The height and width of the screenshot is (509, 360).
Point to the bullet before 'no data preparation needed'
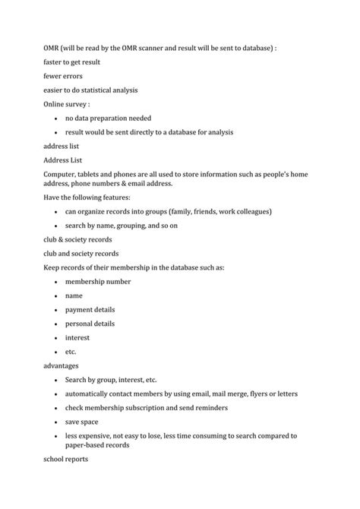coord(58,119)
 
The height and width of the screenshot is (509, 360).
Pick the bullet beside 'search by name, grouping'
coord(58,226)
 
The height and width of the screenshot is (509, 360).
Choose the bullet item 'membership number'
coord(98,281)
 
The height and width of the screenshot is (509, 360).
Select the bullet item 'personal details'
coord(90,323)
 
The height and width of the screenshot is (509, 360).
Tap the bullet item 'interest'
coord(77,337)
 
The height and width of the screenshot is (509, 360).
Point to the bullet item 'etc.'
coord(71,352)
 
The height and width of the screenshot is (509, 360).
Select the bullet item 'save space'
coord(82,422)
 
